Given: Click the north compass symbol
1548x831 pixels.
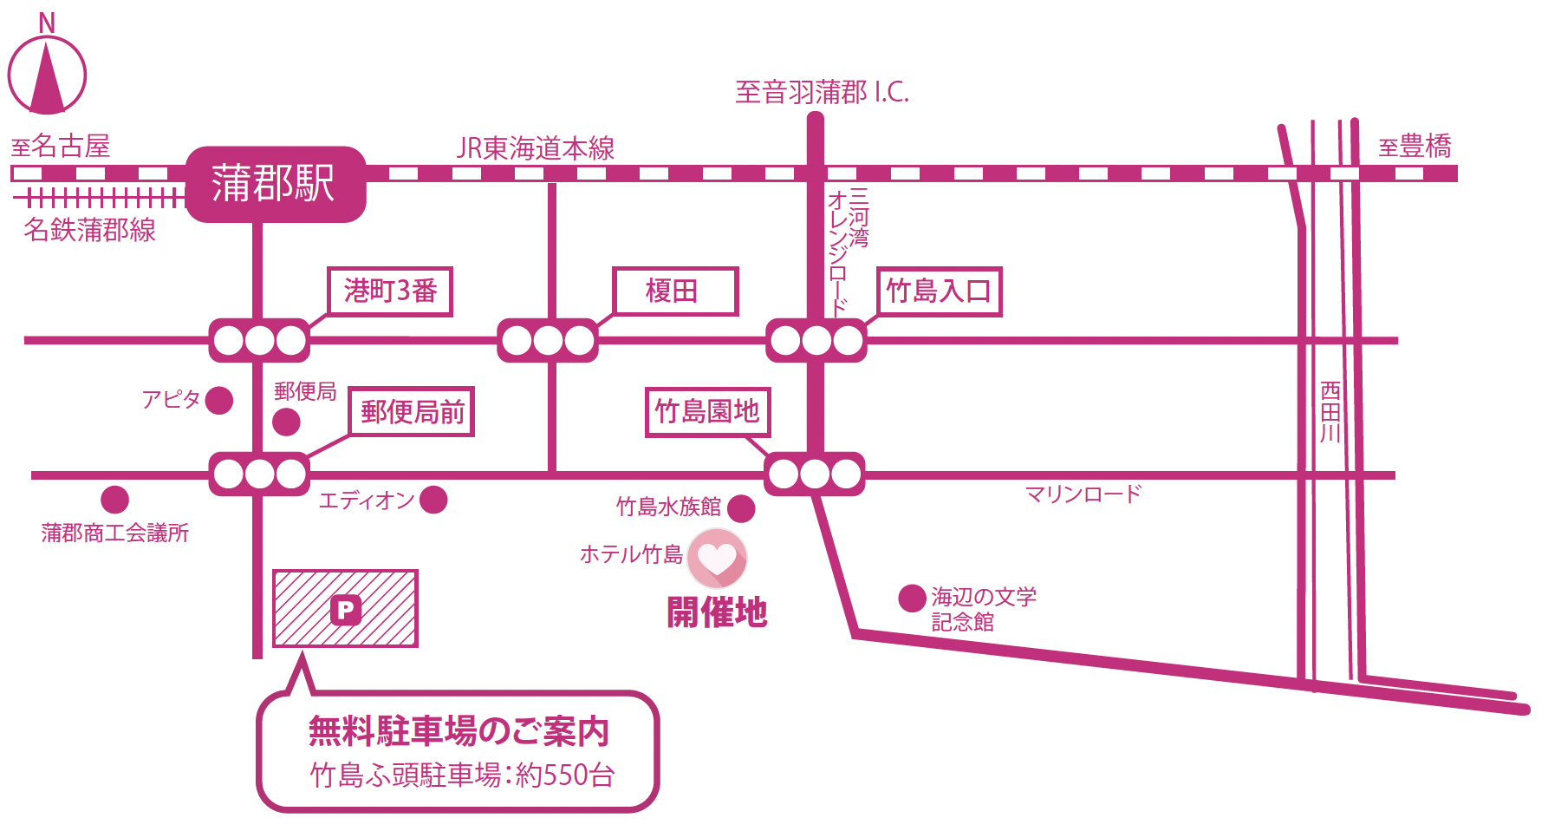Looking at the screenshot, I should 47,75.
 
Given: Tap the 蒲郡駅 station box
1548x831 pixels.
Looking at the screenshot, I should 275,184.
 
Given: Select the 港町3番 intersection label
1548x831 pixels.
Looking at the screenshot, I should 390,291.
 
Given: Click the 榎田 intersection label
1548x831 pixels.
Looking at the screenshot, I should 674,291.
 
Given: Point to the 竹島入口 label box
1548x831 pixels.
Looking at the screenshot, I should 939,291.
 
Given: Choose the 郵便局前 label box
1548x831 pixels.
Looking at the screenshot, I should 412,411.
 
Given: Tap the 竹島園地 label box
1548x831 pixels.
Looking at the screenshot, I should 707,411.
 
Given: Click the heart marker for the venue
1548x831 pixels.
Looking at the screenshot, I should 717,558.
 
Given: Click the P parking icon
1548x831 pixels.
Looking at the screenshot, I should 345,610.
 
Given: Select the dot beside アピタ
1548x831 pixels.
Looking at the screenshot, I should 219,400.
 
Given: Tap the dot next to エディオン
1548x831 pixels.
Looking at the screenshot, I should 433,500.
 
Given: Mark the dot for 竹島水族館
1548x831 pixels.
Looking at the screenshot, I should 741,508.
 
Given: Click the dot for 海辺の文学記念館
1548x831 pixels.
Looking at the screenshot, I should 911,598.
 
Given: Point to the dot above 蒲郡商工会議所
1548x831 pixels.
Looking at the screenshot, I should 114,500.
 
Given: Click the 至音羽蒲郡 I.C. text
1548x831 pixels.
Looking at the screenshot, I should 822,92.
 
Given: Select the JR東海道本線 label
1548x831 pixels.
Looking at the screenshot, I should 535,148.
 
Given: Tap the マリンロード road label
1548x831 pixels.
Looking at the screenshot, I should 1083,494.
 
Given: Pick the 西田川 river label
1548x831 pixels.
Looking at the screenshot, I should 1330,412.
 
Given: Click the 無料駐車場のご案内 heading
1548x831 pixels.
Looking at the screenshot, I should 459,731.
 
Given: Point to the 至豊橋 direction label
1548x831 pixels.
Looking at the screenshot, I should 1415,147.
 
